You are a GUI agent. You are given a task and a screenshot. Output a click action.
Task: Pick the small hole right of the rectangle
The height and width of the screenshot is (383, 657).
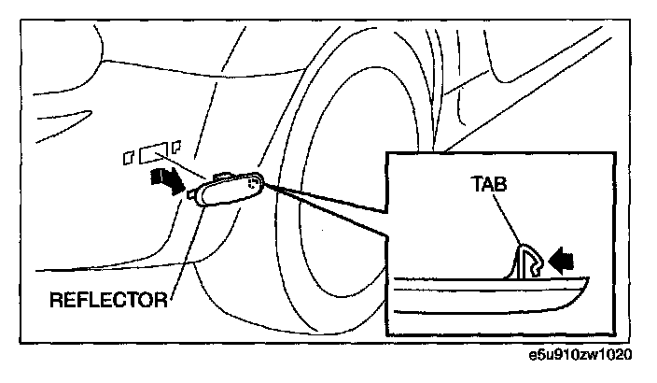[x=175, y=147]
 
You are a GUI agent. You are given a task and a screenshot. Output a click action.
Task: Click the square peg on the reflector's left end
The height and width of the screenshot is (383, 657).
[x=192, y=194]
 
